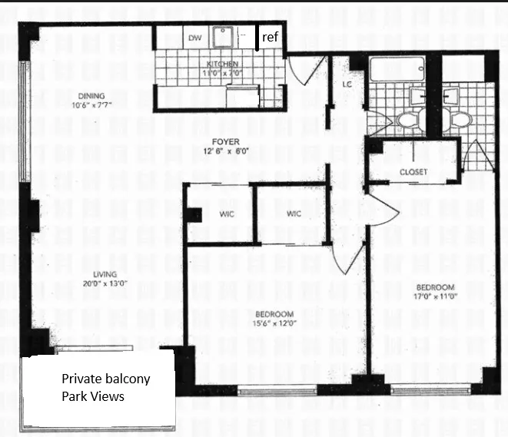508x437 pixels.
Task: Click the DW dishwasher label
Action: pos(194,38)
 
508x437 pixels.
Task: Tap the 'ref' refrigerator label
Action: pos(270,37)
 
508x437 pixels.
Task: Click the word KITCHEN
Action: pos(221,64)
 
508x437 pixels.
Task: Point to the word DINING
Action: pos(91,96)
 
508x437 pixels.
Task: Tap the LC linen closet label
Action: pos(347,85)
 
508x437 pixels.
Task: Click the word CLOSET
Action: pos(413,172)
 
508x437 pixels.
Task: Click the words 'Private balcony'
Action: pos(106,379)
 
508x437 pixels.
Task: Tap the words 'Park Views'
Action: pos(94,397)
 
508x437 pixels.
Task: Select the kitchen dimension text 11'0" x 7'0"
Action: pos(221,72)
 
